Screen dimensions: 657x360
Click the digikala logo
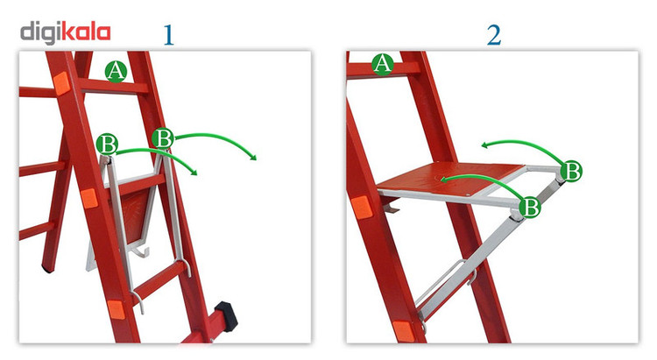(x=66, y=33)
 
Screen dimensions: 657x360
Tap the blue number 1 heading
(x=168, y=35)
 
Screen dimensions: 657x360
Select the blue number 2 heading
(x=494, y=35)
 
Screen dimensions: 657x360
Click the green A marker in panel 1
(x=116, y=71)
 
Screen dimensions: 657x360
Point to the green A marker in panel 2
(x=383, y=64)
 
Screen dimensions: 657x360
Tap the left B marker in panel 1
(x=107, y=145)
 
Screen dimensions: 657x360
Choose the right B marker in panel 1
(x=163, y=138)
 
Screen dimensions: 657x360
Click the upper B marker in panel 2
(x=571, y=171)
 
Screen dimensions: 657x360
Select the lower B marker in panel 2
(x=530, y=207)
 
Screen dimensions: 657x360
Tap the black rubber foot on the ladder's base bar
(x=226, y=316)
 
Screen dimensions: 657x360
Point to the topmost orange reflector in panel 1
(x=61, y=82)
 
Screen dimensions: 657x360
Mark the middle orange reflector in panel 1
(x=88, y=198)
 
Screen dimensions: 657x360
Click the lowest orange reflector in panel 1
(x=116, y=310)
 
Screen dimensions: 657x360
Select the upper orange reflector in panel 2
(x=361, y=207)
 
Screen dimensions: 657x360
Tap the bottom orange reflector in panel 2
(x=404, y=331)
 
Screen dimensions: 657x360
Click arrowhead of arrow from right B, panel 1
(x=252, y=157)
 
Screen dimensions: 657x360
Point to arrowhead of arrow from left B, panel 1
(x=194, y=172)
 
